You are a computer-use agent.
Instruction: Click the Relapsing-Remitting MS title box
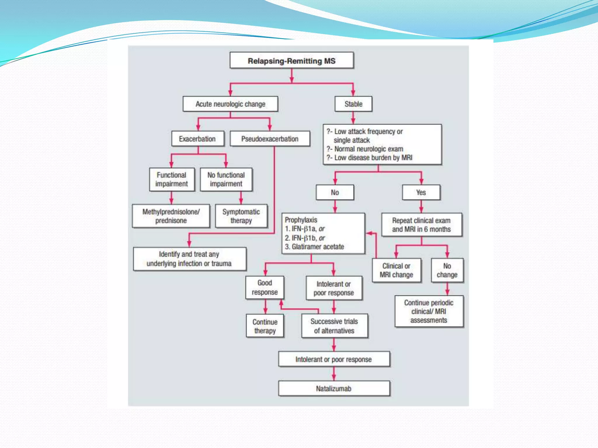[291, 61]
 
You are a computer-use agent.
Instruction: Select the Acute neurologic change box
[230, 104]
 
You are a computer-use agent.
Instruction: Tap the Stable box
[353, 104]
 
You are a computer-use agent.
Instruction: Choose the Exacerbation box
[197, 139]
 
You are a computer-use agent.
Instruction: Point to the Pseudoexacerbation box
[270, 139]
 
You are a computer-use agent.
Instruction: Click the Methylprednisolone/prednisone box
[171, 216]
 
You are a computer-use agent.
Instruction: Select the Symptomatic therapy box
[241, 216]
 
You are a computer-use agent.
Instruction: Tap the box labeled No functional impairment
[226, 179]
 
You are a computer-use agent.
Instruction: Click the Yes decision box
[421, 192]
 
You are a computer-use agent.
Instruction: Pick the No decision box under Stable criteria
[335, 192]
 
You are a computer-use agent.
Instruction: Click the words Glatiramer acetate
[318, 247]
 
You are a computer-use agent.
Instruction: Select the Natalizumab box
[334, 388]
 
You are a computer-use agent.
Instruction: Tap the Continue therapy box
[265, 326]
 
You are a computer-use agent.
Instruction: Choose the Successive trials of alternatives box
[334, 326]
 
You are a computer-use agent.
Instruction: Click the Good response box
[265, 288]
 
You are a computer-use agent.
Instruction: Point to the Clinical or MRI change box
[396, 270]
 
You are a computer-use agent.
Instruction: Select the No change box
[447, 270]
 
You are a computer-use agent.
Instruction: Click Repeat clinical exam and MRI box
[421, 225]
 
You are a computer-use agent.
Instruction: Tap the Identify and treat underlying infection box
[189, 259]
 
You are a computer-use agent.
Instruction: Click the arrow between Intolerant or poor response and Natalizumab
[334, 374]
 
